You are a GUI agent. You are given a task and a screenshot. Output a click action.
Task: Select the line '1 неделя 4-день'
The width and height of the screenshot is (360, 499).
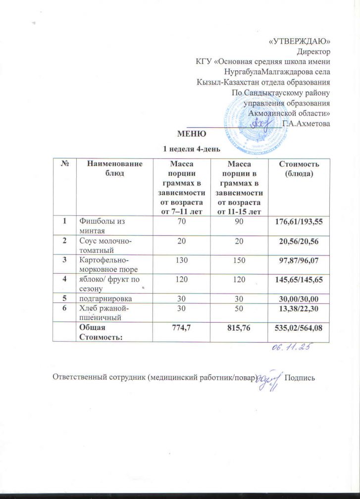[192, 148]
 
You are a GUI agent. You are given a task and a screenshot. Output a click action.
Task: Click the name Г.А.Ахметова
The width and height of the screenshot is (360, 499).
[306, 123]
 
